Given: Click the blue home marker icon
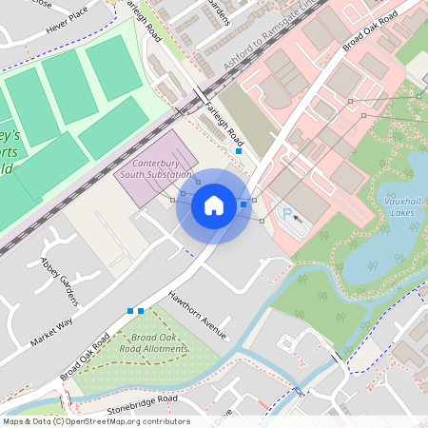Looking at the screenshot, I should tap(214, 204).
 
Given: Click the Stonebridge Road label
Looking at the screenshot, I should tap(142, 399).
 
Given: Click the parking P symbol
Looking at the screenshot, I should tap(287, 215).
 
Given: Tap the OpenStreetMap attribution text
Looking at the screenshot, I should tap(95, 421).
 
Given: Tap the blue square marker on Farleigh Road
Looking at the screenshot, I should tap(238, 151).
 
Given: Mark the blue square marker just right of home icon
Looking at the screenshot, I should tap(243, 204).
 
